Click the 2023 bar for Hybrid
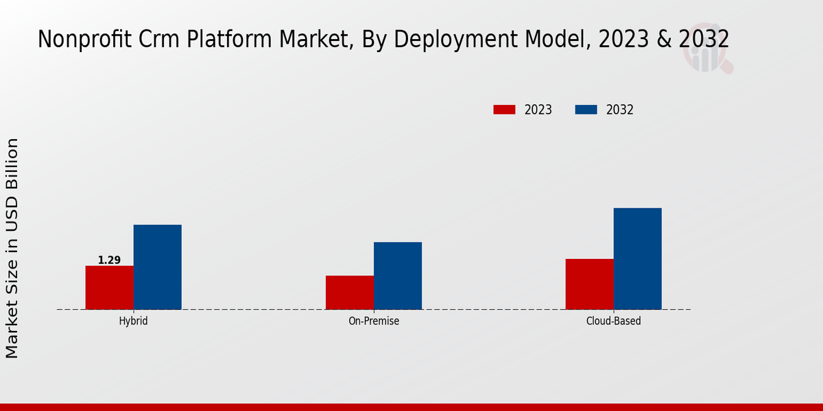pos(110,288)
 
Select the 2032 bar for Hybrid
pos(158,267)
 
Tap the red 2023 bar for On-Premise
pos(350,292)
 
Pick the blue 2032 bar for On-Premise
pos(398,275)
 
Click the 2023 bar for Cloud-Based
pos(590,284)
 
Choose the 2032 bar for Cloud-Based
pos(638,259)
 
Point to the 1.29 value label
pos(109,260)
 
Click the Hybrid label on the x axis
pos(133,321)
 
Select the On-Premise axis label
pos(374,321)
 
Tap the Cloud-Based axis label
pos(614,321)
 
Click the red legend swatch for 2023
pos(504,110)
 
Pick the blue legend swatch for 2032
pos(586,110)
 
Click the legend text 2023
pos(538,110)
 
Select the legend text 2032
pos(620,110)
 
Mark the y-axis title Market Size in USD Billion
pos(12,248)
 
